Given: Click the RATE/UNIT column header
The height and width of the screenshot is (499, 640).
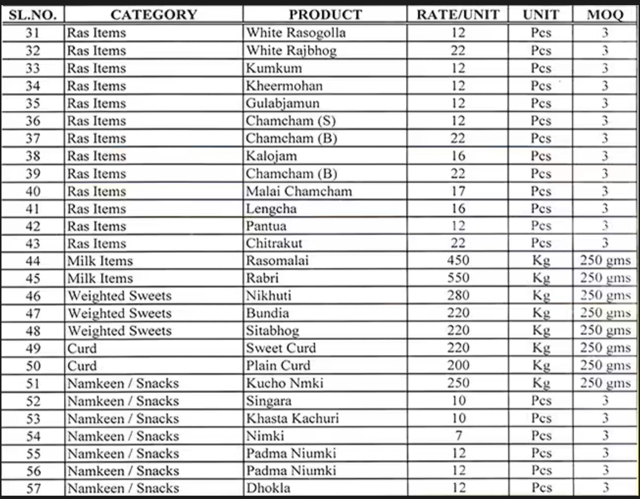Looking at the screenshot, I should click(x=458, y=15).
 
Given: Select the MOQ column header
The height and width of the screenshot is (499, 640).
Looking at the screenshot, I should click(x=605, y=15).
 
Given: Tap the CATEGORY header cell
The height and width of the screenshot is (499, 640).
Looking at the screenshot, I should click(x=154, y=15).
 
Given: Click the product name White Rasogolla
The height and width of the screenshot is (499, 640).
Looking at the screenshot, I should click(x=296, y=33).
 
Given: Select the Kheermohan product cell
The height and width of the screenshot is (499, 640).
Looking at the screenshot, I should click(x=284, y=86).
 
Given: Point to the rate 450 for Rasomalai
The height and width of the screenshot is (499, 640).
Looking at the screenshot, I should click(x=458, y=261).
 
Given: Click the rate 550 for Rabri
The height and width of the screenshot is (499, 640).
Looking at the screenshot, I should click(x=458, y=278).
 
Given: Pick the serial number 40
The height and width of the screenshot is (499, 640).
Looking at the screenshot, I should click(x=33, y=191).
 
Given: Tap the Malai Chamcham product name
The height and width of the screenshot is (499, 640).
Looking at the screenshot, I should click(x=299, y=191).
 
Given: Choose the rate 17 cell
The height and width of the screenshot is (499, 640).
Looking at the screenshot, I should click(x=458, y=191).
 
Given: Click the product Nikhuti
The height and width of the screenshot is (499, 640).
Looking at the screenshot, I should click(x=269, y=296).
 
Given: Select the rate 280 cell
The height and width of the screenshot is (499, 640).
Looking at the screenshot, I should click(x=458, y=296).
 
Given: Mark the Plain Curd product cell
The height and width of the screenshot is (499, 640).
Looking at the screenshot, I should click(x=278, y=366).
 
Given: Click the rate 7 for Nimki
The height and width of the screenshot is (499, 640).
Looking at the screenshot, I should click(x=459, y=436).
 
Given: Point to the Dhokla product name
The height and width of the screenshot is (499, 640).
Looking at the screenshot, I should click(x=268, y=488).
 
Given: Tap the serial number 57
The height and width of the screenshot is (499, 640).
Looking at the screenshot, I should click(x=33, y=488).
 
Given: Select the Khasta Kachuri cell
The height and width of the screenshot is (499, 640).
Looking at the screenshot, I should click(x=292, y=419).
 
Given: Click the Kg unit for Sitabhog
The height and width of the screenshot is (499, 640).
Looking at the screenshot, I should click(x=541, y=331).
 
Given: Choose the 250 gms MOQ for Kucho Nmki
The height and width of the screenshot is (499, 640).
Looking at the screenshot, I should click(x=605, y=383).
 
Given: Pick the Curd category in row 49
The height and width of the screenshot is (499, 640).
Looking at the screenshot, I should click(x=82, y=348).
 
